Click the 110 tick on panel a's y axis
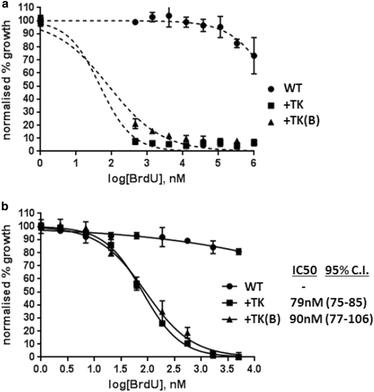pyautogui.click(x=26, y=8)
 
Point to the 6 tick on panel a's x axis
pyautogui.click(x=255, y=162)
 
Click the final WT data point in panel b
pyautogui.click(x=239, y=252)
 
